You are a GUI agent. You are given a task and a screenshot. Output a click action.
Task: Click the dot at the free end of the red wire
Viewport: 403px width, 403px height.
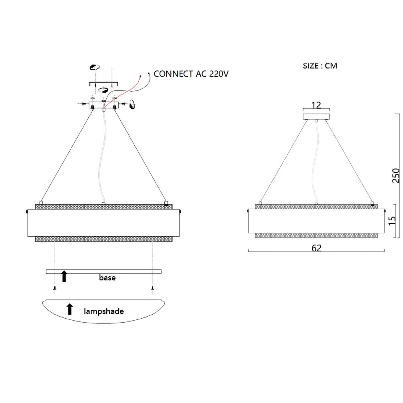[x=140, y=76]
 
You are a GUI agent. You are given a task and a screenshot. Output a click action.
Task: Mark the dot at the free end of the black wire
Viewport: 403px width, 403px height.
[x=149, y=73]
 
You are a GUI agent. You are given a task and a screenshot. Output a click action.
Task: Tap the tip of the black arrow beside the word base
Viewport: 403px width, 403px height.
[x=64, y=271]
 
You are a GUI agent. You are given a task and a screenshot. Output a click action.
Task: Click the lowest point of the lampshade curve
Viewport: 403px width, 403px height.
[x=103, y=323]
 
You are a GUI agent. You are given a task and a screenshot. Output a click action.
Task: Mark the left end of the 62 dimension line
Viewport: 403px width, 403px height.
[x=249, y=251]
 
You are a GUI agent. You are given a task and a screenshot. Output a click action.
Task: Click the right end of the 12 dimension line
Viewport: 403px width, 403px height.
[x=330, y=109]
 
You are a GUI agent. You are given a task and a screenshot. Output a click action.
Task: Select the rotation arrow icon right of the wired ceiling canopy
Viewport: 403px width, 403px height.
[x=132, y=104]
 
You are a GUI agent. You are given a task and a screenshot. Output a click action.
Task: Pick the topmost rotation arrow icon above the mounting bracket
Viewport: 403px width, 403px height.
[x=95, y=67]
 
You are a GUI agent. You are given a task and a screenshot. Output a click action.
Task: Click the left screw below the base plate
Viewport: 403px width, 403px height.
[x=55, y=288]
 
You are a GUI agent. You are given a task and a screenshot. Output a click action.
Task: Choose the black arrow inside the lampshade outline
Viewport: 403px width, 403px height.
[x=70, y=309]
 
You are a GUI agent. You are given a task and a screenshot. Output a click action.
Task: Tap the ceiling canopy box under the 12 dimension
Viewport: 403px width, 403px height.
[x=316, y=116]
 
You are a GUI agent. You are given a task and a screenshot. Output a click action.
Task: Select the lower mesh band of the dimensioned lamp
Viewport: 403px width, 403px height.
[x=316, y=235]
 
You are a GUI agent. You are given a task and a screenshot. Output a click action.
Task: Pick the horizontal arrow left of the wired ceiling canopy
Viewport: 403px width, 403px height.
[x=82, y=104]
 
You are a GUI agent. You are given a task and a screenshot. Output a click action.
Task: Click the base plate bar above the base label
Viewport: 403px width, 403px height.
[x=104, y=272]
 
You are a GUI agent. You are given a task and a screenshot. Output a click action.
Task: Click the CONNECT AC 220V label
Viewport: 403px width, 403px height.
[x=191, y=74]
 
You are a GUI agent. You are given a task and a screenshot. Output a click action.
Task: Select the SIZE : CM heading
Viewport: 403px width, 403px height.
[x=320, y=66]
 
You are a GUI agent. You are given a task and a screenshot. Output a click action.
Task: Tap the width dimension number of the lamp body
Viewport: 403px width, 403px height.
[x=316, y=248]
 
